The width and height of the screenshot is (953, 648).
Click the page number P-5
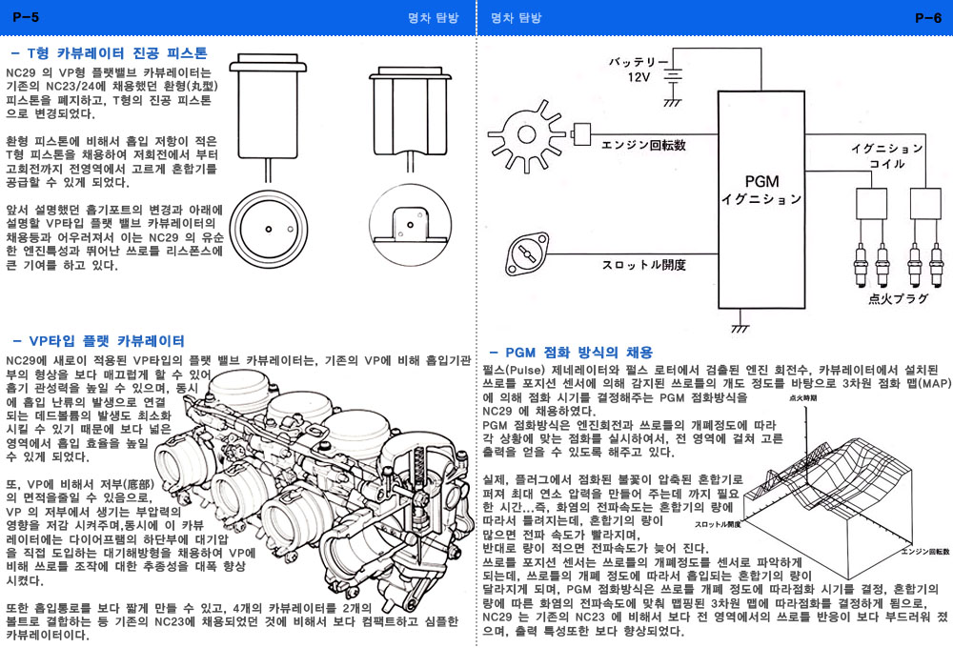pyautogui.click(x=26, y=16)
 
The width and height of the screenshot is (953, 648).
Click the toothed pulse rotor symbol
pyautogui.click(x=530, y=133)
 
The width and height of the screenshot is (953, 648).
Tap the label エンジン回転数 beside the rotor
pyautogui.click(x=643, y=145)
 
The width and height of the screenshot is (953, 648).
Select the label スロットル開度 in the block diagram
pyautogui.click(x=643, y=264)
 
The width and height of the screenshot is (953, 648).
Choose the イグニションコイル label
pyautogui.click(x=886, y=156)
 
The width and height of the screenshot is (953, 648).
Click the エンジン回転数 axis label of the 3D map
pyautogui.click(x=924, y=552)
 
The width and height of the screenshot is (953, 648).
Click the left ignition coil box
pyautogui.click(x=871, y=203)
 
